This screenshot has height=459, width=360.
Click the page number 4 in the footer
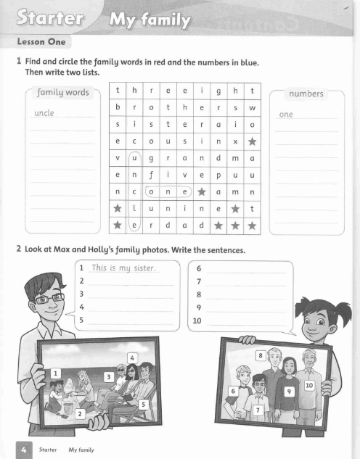coord(24,449)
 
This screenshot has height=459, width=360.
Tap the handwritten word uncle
coord(46,113)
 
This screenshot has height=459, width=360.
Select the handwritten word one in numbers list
coord(287,114)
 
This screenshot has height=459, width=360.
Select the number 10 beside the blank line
coord(197,321)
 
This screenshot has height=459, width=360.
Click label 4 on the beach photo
coord(132,357)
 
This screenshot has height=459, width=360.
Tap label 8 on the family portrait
coord(261,355)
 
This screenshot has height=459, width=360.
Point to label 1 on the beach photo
coord(55,373)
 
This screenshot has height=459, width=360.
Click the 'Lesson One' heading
coord(36,43)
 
